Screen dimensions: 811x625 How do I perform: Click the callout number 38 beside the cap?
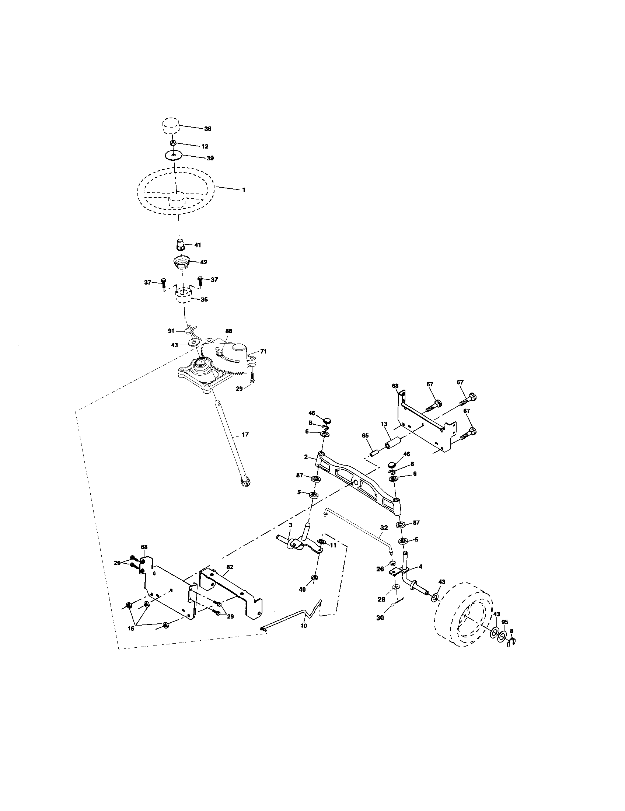click(x=207, y=129)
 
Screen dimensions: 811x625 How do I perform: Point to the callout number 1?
click(x=244, y=190)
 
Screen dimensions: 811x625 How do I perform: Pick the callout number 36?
click(x=204, y=299)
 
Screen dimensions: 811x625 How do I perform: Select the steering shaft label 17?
click(x=245, y=434)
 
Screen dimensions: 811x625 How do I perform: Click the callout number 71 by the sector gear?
click(x=263, y=351)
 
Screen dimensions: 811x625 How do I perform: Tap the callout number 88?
click(x=228, y=331)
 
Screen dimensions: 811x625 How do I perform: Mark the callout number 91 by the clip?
click(x=171, y=331)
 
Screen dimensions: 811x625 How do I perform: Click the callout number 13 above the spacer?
click(x=384, y=424)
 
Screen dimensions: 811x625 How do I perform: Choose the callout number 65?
click(x=366, y=435)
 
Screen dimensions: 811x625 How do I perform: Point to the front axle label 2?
click(x=306, y=457)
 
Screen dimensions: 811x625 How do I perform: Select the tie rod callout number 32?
click(x=384, y=527)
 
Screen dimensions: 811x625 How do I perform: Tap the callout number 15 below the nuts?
click(x=131, y=629)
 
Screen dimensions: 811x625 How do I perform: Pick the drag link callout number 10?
click(x=304, y=625)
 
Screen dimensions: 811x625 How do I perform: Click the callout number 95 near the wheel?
click(x=505, y=622)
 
